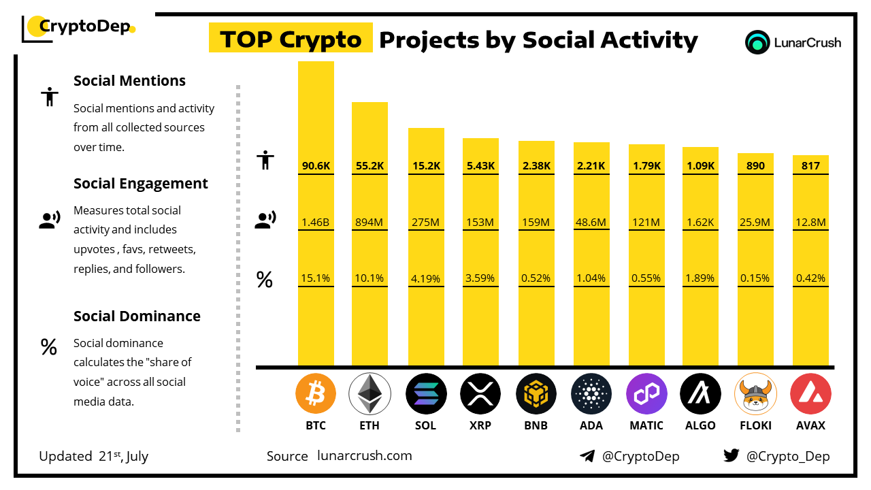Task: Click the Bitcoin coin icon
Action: tap(316, 394)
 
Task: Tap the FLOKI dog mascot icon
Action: tap(755, 394)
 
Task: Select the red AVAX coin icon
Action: tap(810, 394)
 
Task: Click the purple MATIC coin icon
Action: tap(646, 394)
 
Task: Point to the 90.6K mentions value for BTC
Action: tap(316, 165)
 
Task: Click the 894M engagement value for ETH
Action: tap(369, 221)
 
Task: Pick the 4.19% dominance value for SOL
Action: tap(426, 278)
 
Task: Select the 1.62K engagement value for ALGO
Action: tap(700, 221)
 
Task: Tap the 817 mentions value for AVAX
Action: tap(810, 165)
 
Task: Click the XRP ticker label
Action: tap(480, 425)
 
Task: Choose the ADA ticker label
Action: tap(591, 425)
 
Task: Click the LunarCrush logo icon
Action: tap(757, 42)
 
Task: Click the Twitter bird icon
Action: tap(732, 456)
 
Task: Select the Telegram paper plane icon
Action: tap(587, 456)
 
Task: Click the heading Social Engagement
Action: tap(141, 184)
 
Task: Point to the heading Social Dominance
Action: tap(137, 316)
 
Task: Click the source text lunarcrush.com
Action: tap(365, 456)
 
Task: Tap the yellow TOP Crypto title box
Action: tap(291, 39)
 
